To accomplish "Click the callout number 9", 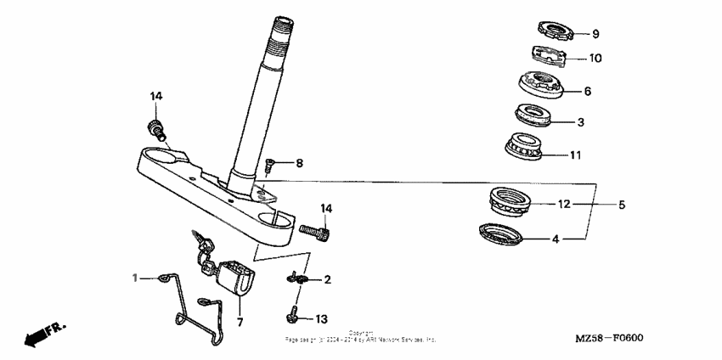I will [595, 34].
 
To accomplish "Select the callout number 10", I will [595, 59].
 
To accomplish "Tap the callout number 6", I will [587, 91].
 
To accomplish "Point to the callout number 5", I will [621, 205].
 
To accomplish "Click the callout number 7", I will [240, 323].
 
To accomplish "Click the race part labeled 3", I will [533, 115].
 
